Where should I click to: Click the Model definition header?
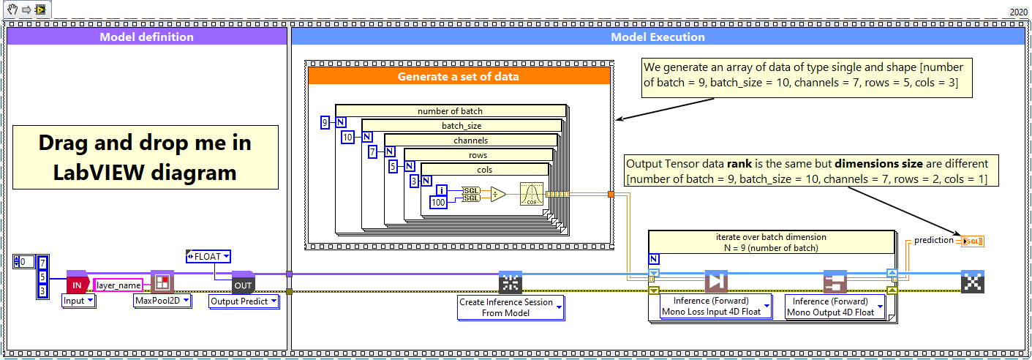click(x=146, y=37)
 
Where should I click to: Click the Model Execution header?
click(x=658, y=37)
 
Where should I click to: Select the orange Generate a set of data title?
click(x=458, y=76)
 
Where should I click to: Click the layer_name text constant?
click(x=118, y=285)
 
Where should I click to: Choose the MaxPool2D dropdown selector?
click(x=162, y=300)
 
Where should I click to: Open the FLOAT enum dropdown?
click(x=209, y=256)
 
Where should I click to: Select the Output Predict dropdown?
click(x=244, y=301)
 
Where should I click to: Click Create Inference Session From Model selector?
click(x=511, y=307)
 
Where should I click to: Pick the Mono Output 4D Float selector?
click(x=835, y=307)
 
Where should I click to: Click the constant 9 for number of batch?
click(x=325, y=122)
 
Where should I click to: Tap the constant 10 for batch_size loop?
click(x=348, y=137)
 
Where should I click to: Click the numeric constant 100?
click(x=437, y=202)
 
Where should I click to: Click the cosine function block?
click(x=532, y=195)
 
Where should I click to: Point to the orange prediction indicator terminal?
click(x=973, y=241)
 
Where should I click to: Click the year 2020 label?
click(x=1017, y=12)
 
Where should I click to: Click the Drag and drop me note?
click(x=144, y=157)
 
